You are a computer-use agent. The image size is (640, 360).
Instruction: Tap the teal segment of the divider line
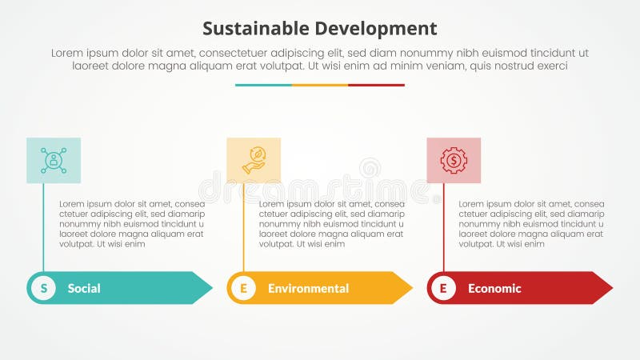263,85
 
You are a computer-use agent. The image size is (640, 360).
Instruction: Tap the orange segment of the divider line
320,85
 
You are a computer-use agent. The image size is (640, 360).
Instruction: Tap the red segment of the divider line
376,85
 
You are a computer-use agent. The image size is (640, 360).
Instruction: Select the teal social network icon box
54,160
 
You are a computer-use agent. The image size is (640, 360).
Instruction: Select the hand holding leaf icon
254,160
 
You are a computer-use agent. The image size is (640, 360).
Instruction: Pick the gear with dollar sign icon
454,160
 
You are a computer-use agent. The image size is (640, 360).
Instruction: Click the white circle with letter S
43,288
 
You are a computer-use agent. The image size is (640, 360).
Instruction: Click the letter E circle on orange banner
243,288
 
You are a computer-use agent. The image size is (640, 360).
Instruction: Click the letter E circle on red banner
443,288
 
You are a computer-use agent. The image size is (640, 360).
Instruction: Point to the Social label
84,288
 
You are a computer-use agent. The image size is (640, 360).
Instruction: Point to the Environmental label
308,288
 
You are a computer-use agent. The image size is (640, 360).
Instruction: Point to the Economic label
494,288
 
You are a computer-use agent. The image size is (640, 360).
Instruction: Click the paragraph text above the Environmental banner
332,224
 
